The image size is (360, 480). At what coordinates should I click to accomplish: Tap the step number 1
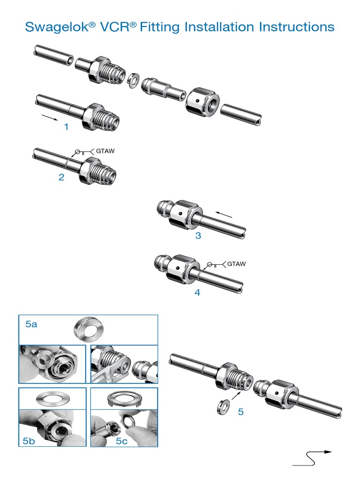pyautogui.click(x=66, y=127)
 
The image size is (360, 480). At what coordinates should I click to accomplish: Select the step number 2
pyautogui.click(x=61, y=178)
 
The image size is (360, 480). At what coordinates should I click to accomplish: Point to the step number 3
pyautogui.click(x=198, y=235)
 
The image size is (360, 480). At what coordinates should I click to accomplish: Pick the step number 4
pyautogui.click(x=197, y=292)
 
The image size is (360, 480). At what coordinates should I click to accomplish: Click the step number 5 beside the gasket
pyautogui.click(x=241, y=412)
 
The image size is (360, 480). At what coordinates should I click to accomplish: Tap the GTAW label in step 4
pyautogui.click(x=236, y=264)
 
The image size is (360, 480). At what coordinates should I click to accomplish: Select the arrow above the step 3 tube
pyautogui.click(x=225, y=215)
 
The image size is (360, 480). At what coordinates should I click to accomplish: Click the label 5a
pyautogui.click(x=31, y=324)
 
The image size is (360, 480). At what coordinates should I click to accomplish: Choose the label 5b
pyautogui.click(x=29, y=441)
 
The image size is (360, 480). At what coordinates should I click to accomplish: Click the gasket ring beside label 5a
pyautogui.click(x=88, y=330)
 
